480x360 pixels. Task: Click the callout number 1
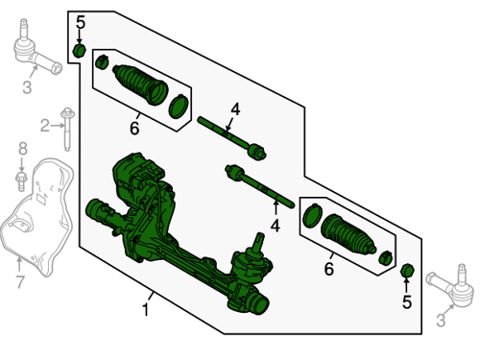coord(146,310)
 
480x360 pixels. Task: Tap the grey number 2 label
coord(45,126)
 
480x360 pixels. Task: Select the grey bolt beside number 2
coord(67,129)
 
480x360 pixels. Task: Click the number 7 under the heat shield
coord(20,282)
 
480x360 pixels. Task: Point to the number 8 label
coord(23,149)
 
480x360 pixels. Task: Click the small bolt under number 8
coord(21,181)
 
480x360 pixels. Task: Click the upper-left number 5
coord(81,23)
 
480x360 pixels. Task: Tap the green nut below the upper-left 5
coord(80,51)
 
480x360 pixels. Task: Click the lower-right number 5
coord(406,302)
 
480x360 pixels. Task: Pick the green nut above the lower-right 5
coord(407,271)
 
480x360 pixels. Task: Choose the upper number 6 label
coord(134,128)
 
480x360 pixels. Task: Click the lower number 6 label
coord(329,269)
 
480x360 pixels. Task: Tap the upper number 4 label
coord(235,109)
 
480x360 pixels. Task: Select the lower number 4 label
coord(276,226)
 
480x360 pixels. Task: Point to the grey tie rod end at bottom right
coord(451,286)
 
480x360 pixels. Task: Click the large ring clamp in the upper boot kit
coord(179,107)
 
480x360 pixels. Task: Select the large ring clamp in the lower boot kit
coord(312,215)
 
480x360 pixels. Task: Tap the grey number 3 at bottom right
coord(442,320)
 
